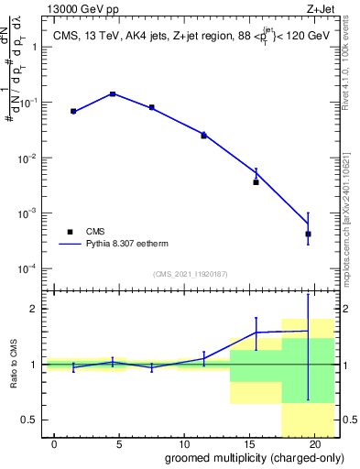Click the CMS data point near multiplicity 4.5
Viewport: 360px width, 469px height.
click(113, 94)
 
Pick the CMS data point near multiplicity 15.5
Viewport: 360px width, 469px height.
click(256, 182)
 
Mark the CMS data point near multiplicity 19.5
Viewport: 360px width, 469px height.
click(308, 234)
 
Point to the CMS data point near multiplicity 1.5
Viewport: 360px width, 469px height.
click(73, 111)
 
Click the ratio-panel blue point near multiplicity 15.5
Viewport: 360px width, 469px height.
click(256, 333)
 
